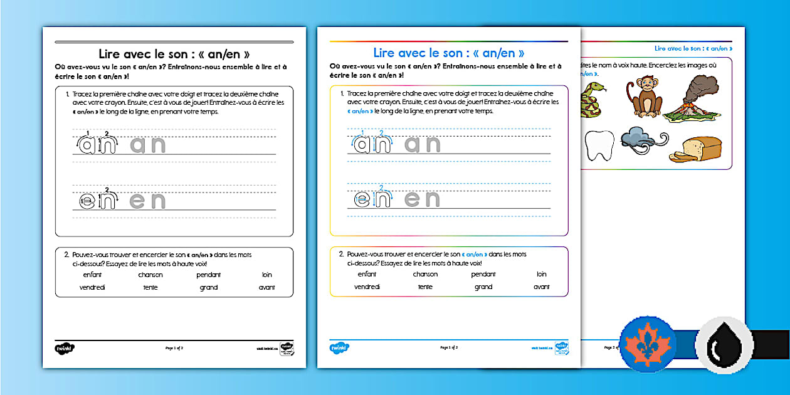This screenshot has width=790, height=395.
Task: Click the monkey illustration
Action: (x=645, y=98)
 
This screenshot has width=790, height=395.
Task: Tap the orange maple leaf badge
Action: (x=647, y=345)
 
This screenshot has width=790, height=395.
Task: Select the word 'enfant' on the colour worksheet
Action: (x=367, y=274)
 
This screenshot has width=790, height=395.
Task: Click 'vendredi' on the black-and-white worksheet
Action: (x=92, y=287)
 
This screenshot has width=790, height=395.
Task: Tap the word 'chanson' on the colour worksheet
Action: (x=425, y=274)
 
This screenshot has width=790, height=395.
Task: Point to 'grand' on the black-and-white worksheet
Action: (x=209, y=287)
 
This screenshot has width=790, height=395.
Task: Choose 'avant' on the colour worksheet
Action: (x=541, y=287)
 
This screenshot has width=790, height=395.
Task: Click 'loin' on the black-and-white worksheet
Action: (x=267, y=275)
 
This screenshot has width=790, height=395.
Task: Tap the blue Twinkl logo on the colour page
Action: (x=339, y=347)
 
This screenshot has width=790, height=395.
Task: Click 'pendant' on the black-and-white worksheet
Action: (x=208, y=275)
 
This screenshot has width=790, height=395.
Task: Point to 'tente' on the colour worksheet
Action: (x=425, y=287)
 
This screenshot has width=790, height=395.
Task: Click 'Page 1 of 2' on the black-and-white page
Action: (x=174, y=347)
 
